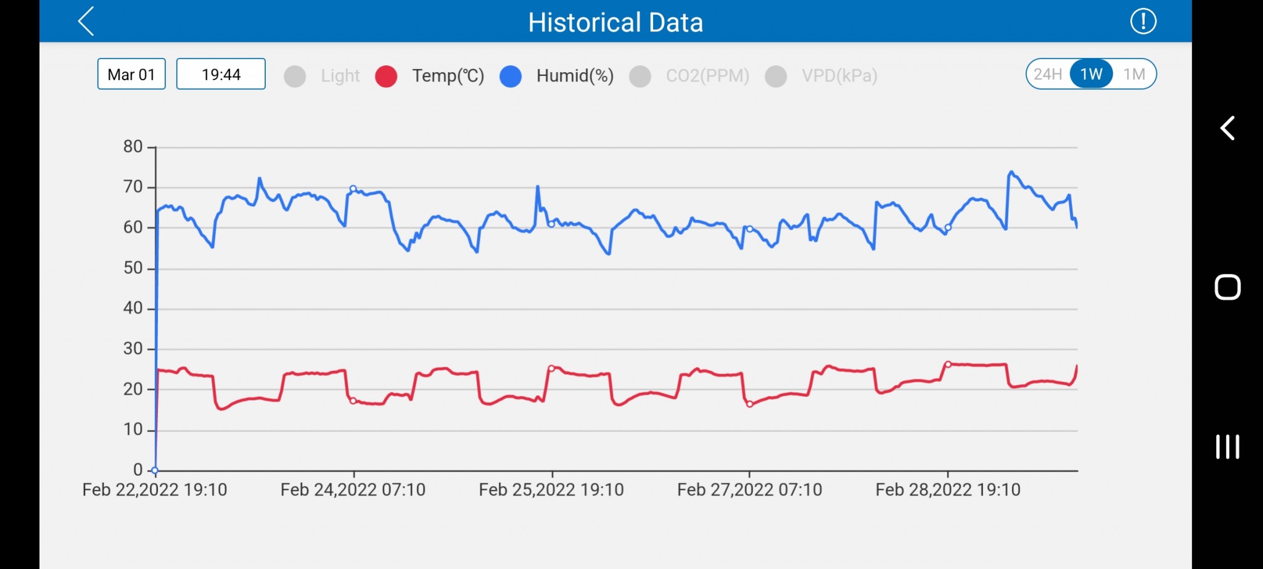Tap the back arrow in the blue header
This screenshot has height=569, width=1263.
coord(86,22)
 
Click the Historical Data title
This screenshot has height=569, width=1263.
coord(615,23)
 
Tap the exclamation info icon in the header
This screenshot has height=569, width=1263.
coord(1143,22)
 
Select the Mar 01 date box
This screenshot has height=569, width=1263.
coord(131,74)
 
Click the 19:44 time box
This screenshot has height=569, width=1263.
coord(221,74)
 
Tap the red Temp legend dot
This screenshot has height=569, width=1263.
coord(386,76)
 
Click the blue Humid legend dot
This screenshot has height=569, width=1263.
coord(511,76)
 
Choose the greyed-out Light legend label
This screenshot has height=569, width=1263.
coord(340,76)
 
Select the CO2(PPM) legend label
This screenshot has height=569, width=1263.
coord(707,76)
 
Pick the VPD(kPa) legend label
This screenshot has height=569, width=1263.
coord(839,76)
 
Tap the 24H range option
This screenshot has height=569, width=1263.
coord(1048,74)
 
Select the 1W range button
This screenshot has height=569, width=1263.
coord(1091,74)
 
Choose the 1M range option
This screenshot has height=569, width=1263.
coord(1134,74)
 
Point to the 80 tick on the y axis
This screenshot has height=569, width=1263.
coord(133,147)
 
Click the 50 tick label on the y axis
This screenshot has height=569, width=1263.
coord(133,268)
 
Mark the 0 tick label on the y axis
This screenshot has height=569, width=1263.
coord(138,470)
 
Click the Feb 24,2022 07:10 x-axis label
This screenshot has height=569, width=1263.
coord(353,490)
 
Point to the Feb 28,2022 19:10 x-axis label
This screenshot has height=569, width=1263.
coord(948,490)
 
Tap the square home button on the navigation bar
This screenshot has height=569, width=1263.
coord(1227,287)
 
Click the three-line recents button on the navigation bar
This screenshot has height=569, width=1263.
coord(1227,447)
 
